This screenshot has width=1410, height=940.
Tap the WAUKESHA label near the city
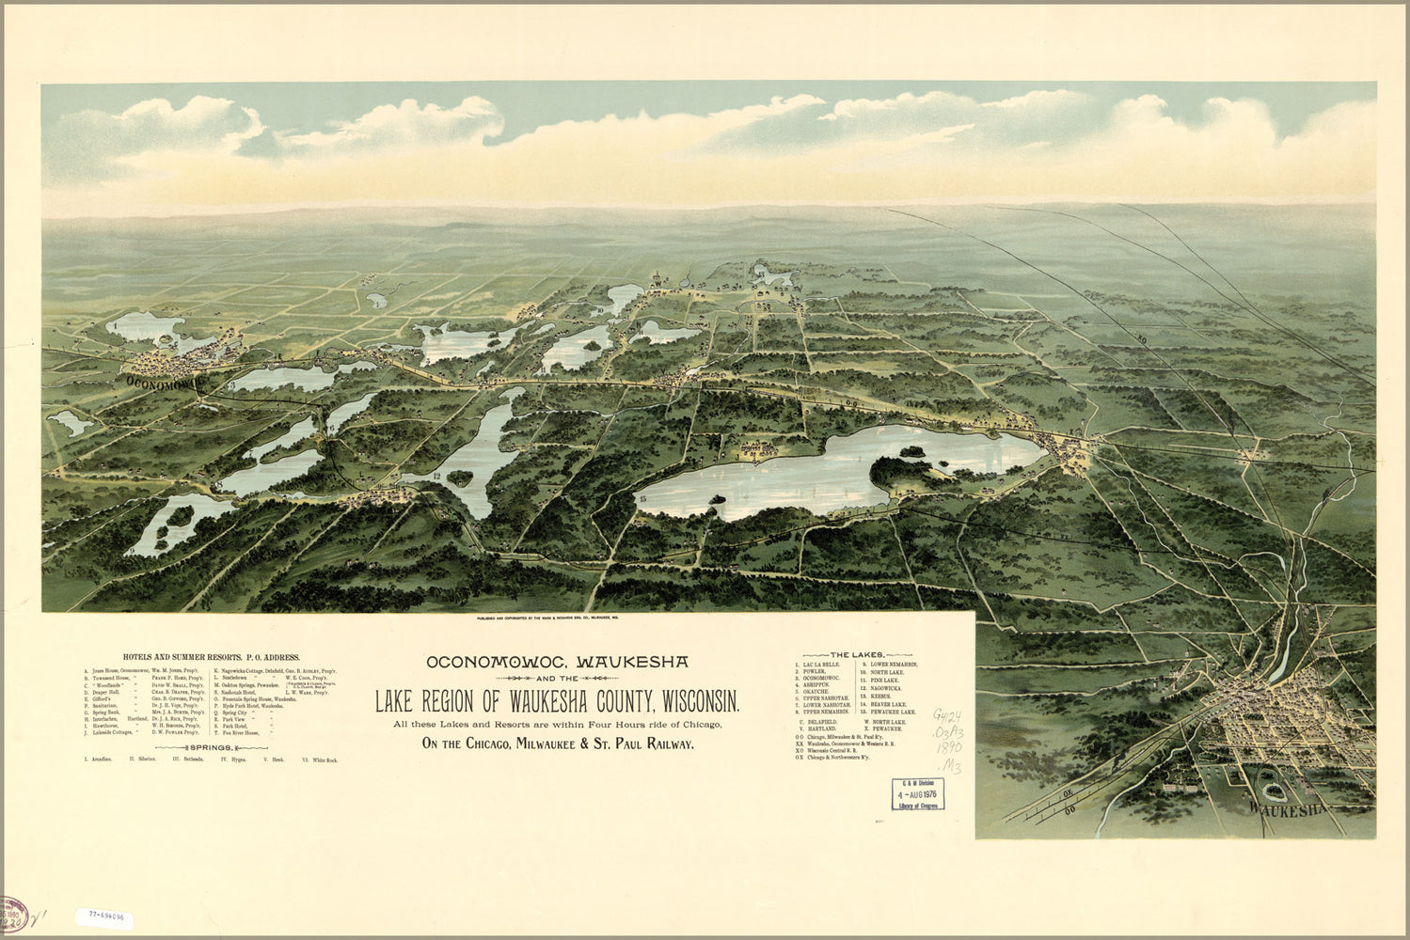pyautogui.click(x=1288, y=807)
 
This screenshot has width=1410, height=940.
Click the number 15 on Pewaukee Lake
pyautogui.click(x=643, y=497)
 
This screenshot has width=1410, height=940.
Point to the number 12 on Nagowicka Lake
pyautogui.click(x=436, y=477)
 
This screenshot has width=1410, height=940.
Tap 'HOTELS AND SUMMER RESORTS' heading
pyautogui.click(x=212, y=658)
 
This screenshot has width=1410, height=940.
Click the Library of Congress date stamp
pyautogui.click(x=917, y=794)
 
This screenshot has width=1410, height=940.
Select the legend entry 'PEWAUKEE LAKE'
pyautogui.click(x=893, y=713)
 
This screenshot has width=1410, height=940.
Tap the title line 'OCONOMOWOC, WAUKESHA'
pyautogui.click(x=557, y=662)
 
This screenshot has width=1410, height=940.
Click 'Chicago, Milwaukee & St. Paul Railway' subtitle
pyautogui.click(x=558, y=744)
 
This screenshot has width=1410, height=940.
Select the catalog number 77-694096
pyautogui.click(x=106, y=914)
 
